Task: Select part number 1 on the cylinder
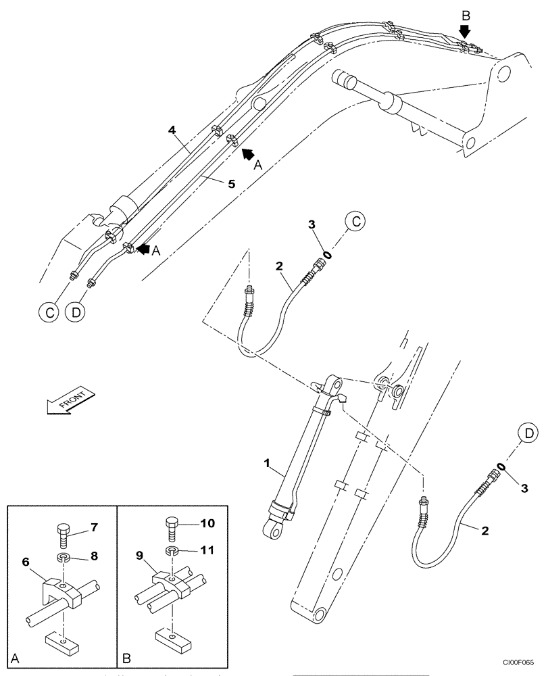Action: [x=267, y=465]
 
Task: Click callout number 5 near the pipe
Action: [x=231, y=183]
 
